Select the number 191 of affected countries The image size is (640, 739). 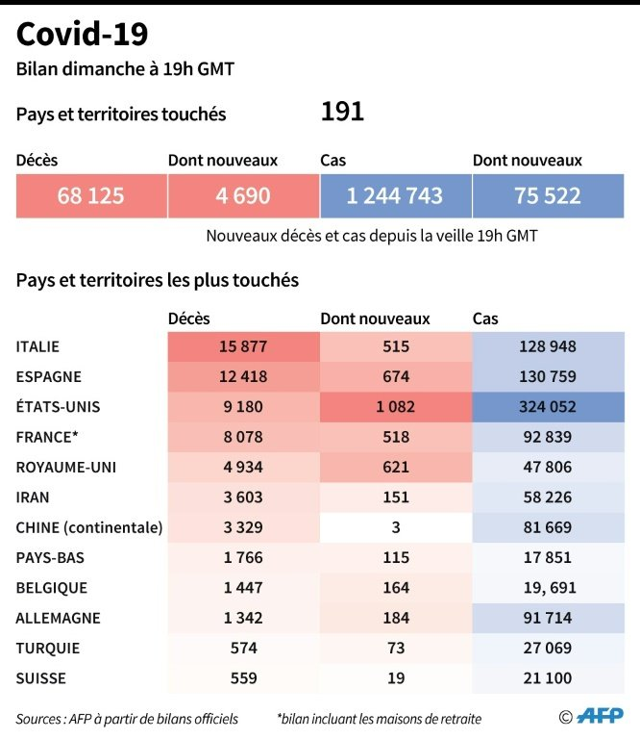[x=342, y=113]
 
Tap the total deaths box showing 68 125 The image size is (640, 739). [x=90, y=196]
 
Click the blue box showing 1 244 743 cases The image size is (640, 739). [x=395, y=196]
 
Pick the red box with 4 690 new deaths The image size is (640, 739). [x=242, y=196]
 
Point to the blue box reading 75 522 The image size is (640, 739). [x=547, y=196]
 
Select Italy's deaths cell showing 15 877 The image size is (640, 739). [x=242, y=346]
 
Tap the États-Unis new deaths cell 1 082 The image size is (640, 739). [x=395, y=407]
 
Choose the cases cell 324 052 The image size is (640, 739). [x=547, y=407]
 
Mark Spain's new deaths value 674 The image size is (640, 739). [x=395, y=376]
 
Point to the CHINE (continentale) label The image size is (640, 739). [x=89, y=527]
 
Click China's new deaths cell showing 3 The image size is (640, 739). [x=395, y=527]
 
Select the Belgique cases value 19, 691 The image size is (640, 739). [x=547, y=588]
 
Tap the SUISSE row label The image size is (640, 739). [x=41, y=678]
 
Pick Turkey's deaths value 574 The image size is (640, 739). [x=242, y=649]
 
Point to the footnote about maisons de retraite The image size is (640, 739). [x=379, y=719]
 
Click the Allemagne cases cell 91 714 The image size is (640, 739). [x=547, y=618]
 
